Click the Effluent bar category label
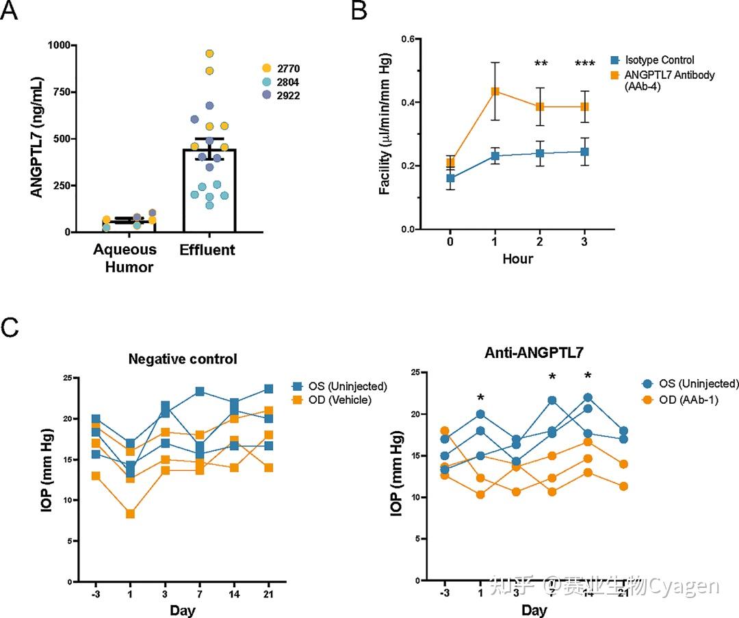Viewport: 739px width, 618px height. (207, 250)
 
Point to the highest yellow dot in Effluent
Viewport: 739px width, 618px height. (209, 53)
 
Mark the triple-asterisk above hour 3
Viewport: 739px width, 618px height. (584, 64)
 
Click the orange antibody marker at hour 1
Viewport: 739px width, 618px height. (495, 91)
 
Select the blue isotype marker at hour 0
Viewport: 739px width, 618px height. (450, 179)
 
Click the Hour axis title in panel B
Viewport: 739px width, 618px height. (517, 259)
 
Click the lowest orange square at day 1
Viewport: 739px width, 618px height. (130, 513)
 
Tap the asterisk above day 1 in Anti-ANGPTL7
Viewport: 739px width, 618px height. (480, 398)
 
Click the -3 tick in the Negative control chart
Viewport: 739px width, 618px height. (96, 593)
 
